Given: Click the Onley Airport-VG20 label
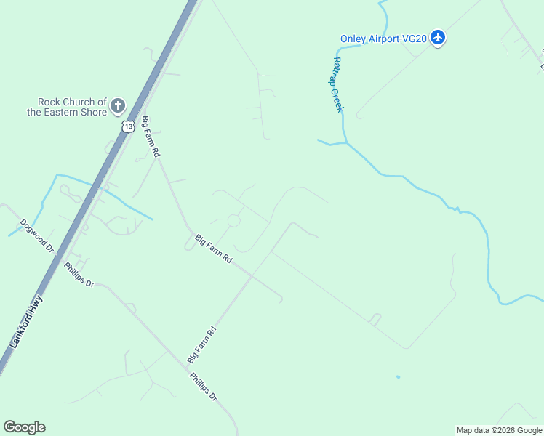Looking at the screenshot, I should coord(384,39).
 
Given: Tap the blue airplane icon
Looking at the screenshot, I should coord(438,37).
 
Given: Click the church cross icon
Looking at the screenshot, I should coord(118,107).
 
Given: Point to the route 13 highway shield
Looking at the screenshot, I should coord(129,126).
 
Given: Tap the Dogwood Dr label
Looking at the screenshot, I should coord(38,235).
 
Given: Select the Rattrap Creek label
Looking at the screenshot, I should coord(337,85).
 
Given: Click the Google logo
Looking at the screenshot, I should coord(24,427).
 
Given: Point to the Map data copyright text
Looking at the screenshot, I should coord(499,430).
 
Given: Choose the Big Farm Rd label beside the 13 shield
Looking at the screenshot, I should coord(151,136).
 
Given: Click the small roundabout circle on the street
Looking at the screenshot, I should coord(234,220).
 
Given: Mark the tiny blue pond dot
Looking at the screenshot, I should coord(397,376).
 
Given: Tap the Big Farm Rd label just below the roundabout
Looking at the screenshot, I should coord(213,249).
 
